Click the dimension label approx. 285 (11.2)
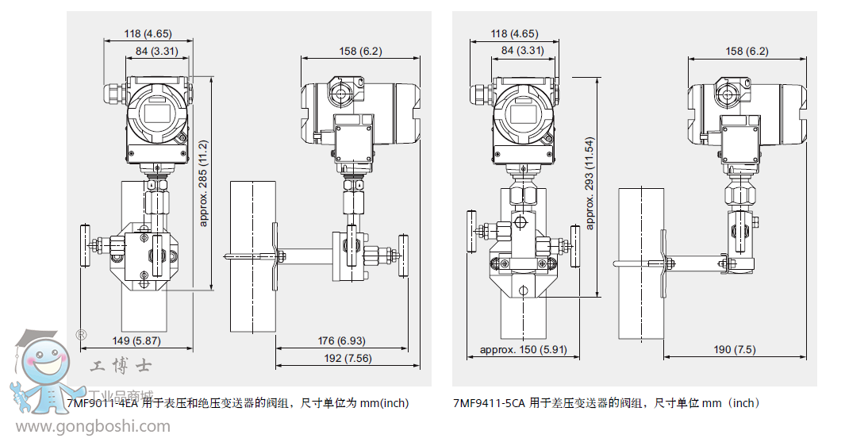[x=204, y=183]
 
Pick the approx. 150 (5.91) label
[x=523, y=350]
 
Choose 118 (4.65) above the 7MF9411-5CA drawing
[x=514, y=34]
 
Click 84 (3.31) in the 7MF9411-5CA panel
[x=522, y=51]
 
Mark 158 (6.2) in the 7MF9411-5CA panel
[x=747, y=51]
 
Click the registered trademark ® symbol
[x=81, y=334]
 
